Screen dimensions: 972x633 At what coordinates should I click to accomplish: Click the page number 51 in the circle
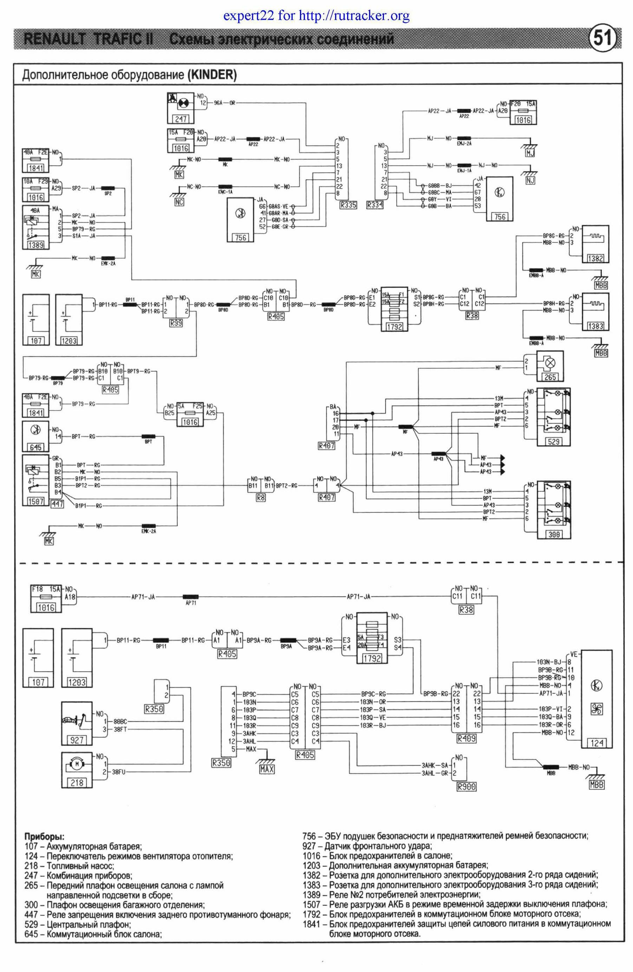pos(602,39)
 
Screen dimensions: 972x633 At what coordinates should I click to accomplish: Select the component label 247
pos(181,119)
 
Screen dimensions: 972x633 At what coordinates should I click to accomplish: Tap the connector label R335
pos(348,205)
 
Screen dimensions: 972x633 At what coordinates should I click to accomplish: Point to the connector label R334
pos(375,205)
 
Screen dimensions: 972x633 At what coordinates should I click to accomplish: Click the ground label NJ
pos(530,180)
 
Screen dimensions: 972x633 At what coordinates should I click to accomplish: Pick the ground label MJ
pos(530,153)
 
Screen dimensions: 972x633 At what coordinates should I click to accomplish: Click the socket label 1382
pos(595,258)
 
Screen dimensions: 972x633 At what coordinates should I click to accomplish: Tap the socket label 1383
pos(595,326)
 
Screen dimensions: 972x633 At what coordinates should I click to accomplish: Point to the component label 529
pos(553,441)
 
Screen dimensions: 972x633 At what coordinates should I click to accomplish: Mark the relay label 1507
pos(36,501)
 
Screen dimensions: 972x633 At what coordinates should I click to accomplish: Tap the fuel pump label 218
pos(77,782)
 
